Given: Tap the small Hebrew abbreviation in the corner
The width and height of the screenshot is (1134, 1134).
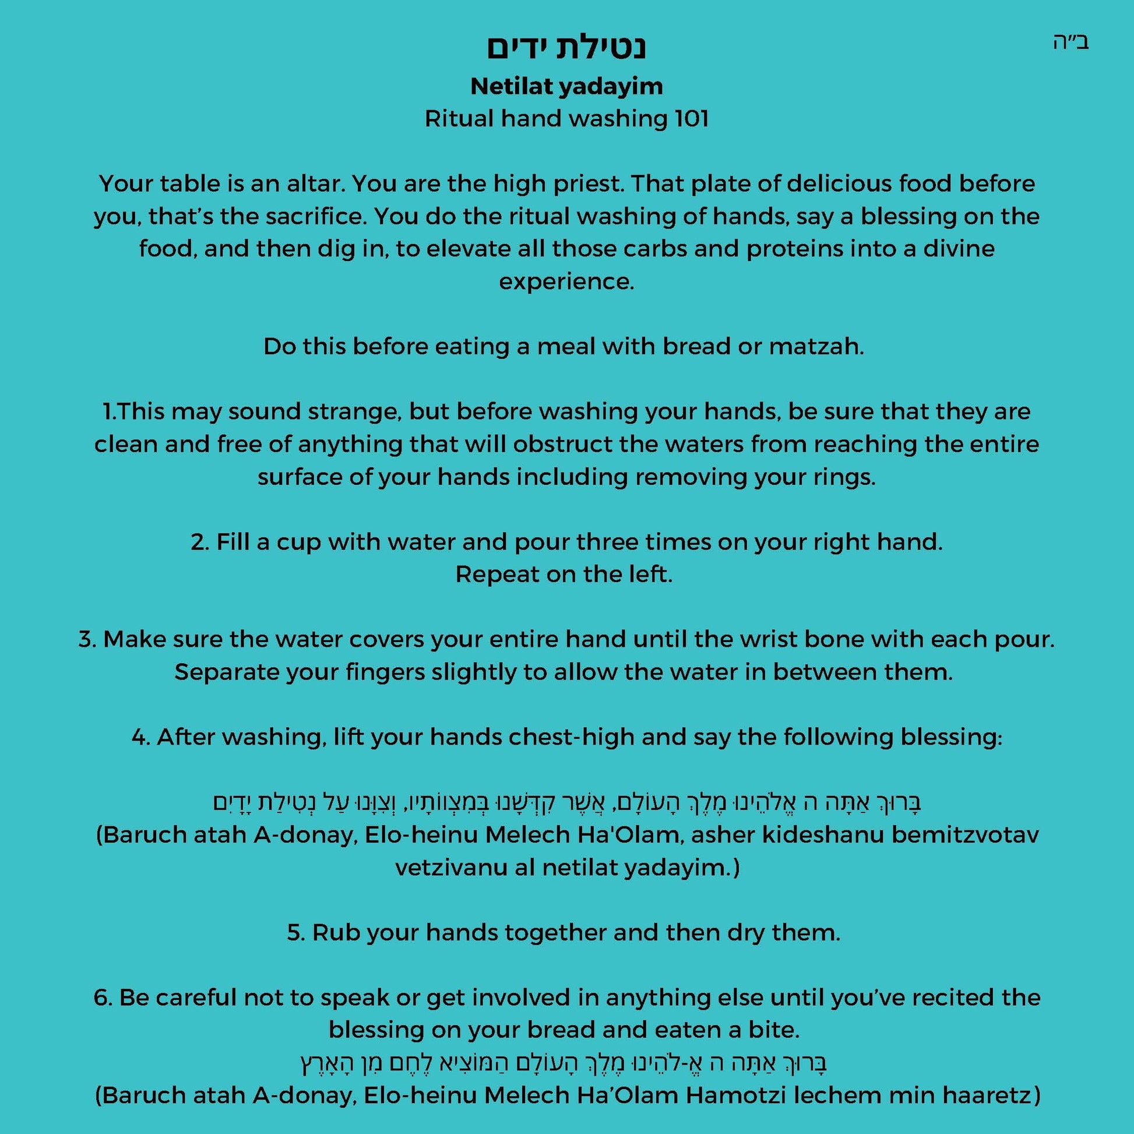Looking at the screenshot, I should (1070, 43).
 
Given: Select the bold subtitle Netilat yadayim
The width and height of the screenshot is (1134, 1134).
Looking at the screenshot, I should (566, 87).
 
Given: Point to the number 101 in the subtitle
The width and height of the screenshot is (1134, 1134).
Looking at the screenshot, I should (692, 119).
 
